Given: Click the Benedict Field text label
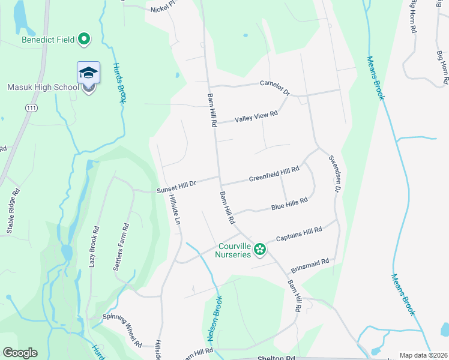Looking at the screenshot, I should [48, 40].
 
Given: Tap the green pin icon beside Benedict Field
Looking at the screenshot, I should [85, 40].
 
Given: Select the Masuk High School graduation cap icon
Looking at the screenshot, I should [89, 73].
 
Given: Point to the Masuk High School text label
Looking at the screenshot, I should [43, 87].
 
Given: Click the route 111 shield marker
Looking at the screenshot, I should [31, 107].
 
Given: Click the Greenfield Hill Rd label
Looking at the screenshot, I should [274, 175].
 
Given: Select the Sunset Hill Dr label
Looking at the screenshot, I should [176, 186].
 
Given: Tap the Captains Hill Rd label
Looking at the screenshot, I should [299, 234].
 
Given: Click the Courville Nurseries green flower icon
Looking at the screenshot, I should [259, 248].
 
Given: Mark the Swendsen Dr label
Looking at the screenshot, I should [334, 174].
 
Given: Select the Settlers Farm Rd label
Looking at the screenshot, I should [121, 247].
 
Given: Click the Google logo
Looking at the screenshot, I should [20, 353].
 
